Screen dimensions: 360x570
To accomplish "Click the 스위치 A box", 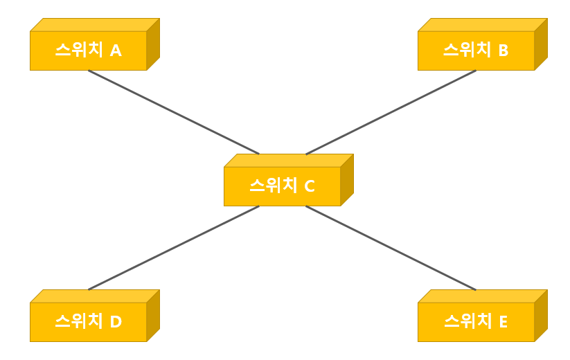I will pos(88,51).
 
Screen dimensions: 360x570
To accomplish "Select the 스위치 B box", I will pos(476,51).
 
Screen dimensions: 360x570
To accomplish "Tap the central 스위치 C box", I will pos(282,186).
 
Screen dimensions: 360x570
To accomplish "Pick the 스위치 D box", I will pos(88,322).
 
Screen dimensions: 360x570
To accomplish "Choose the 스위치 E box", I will pos(476,322).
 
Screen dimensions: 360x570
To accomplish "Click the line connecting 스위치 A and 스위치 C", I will pos(173,112).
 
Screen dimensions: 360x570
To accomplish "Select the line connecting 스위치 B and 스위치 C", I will pos(391,112).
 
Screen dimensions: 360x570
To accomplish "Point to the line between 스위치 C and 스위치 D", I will pos(173,248).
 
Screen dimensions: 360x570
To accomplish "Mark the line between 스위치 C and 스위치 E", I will pos(391,248).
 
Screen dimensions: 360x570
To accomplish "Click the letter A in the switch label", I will pos(116,51).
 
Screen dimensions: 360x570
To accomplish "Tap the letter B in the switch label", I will pos(504,51).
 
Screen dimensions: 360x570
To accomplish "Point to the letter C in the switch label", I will pos(310,186).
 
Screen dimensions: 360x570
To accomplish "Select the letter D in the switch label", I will pos(116,322).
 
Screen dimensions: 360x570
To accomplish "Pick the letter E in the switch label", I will pos(504,322).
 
